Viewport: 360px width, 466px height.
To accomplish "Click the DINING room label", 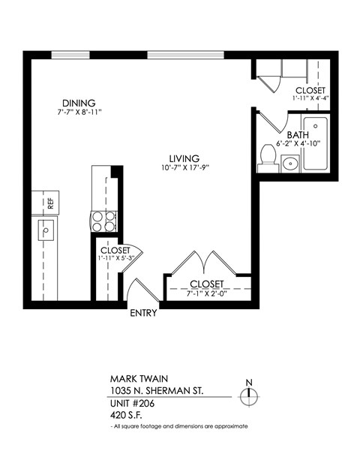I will tap(79, 103).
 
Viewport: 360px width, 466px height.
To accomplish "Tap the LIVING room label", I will tap(184, 158).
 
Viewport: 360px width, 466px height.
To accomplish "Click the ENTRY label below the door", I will tap(143, 313).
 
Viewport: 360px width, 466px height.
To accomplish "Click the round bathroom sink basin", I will tap(289, 163).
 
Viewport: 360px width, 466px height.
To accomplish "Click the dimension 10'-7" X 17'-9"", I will tap(184, 168).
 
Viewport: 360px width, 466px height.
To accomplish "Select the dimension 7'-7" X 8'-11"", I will tap(79, 113).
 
